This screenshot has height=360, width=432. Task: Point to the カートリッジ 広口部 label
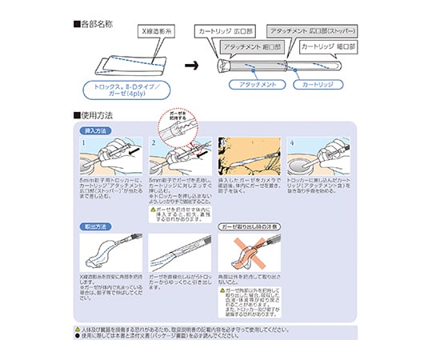coord(224,30)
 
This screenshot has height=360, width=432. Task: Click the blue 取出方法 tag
coord(98,227)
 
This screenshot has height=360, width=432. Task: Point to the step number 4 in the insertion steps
coord(292,143)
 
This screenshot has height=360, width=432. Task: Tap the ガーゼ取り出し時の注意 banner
coord(248,227)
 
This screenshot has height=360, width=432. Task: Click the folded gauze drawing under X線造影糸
coord(130,62)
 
